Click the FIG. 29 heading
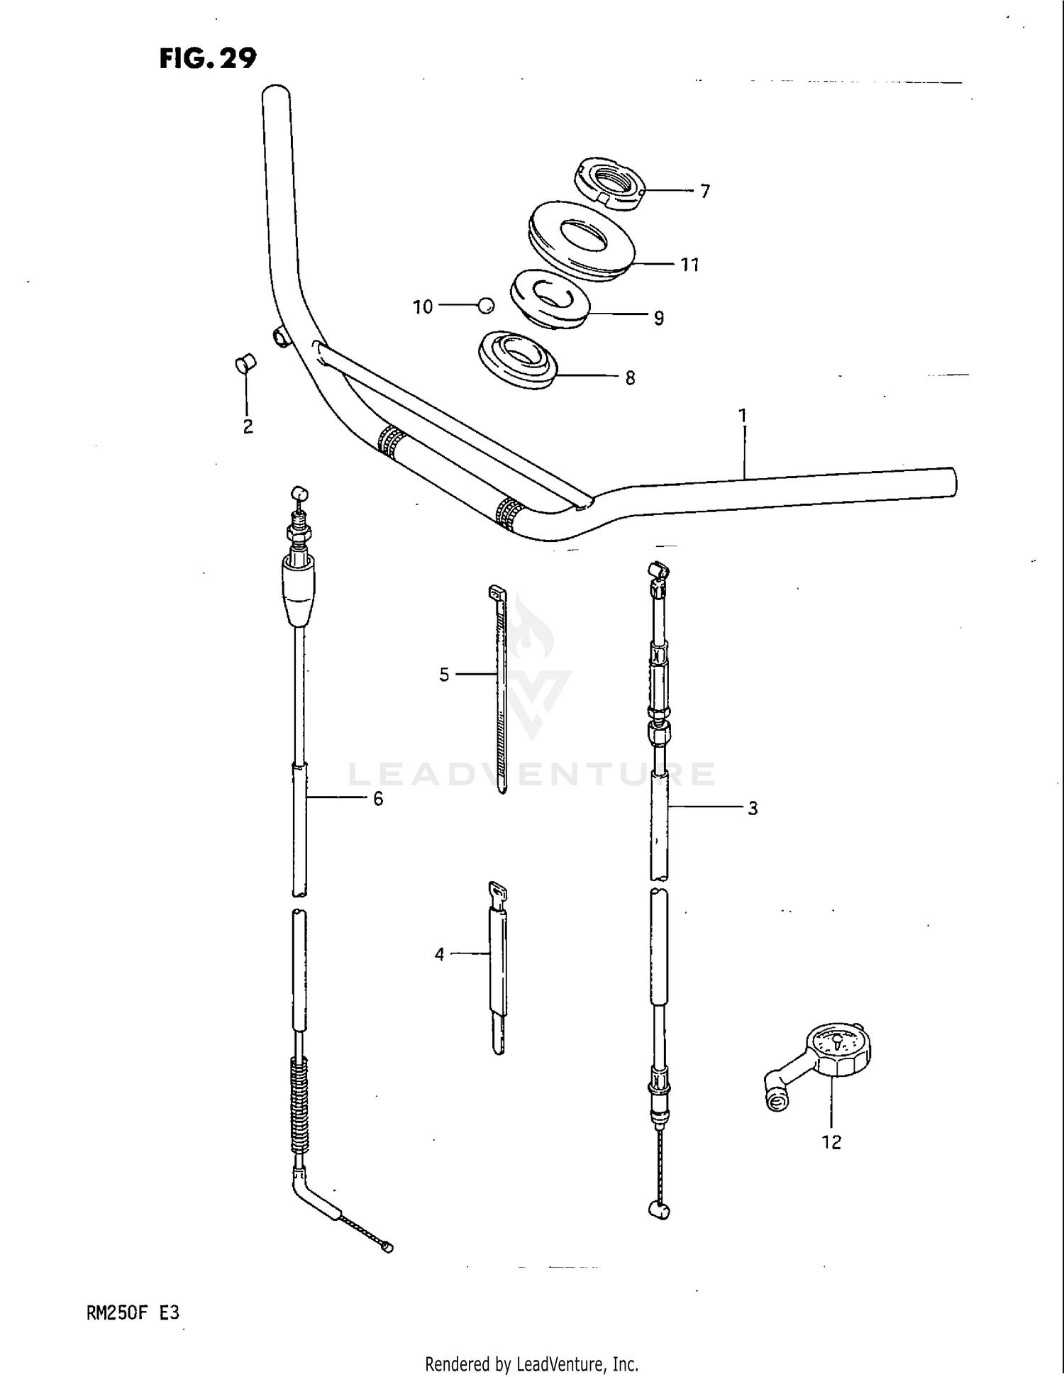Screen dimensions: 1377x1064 [x=207, y=57]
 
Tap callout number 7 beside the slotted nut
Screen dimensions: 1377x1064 [x=704, y=192]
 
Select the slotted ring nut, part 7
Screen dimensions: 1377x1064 [x=608, y=183]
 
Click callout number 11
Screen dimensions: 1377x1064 [x=689, y=265]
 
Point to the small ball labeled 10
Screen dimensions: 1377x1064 [x=485, y=306]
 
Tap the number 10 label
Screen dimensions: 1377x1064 [x=423, y=307]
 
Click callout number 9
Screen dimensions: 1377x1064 [x=659, y=319]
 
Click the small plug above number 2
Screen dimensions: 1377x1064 [x=245, y=365]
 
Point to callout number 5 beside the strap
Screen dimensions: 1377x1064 [x=444, y=675]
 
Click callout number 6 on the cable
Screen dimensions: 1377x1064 [x=378, y=800]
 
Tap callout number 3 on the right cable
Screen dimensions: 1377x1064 [x=753, y=809]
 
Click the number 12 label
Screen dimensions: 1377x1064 [x=831, y=1142]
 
